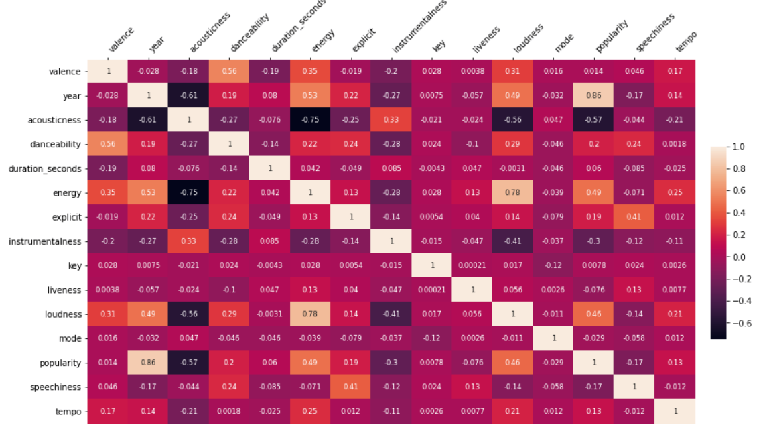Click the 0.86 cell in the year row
(x=593, y=96)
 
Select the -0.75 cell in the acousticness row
(x=310, y=120)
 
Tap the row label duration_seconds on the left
(x=44, y=169)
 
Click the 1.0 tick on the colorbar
(x=740, y=146)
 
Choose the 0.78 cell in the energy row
(x=512, y=193)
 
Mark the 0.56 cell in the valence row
(x=229, y=72)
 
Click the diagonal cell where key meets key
(x=431, y=265)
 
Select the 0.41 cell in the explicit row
(x=634, y=217)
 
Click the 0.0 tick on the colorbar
(x=740, y=257)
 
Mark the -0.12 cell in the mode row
(x=431, y=338)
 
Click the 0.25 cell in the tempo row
(x=310, y=412)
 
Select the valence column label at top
(x=121, y=40)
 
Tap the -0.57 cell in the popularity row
(x=189, y=363)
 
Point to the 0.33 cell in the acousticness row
(x=391, y=120)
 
